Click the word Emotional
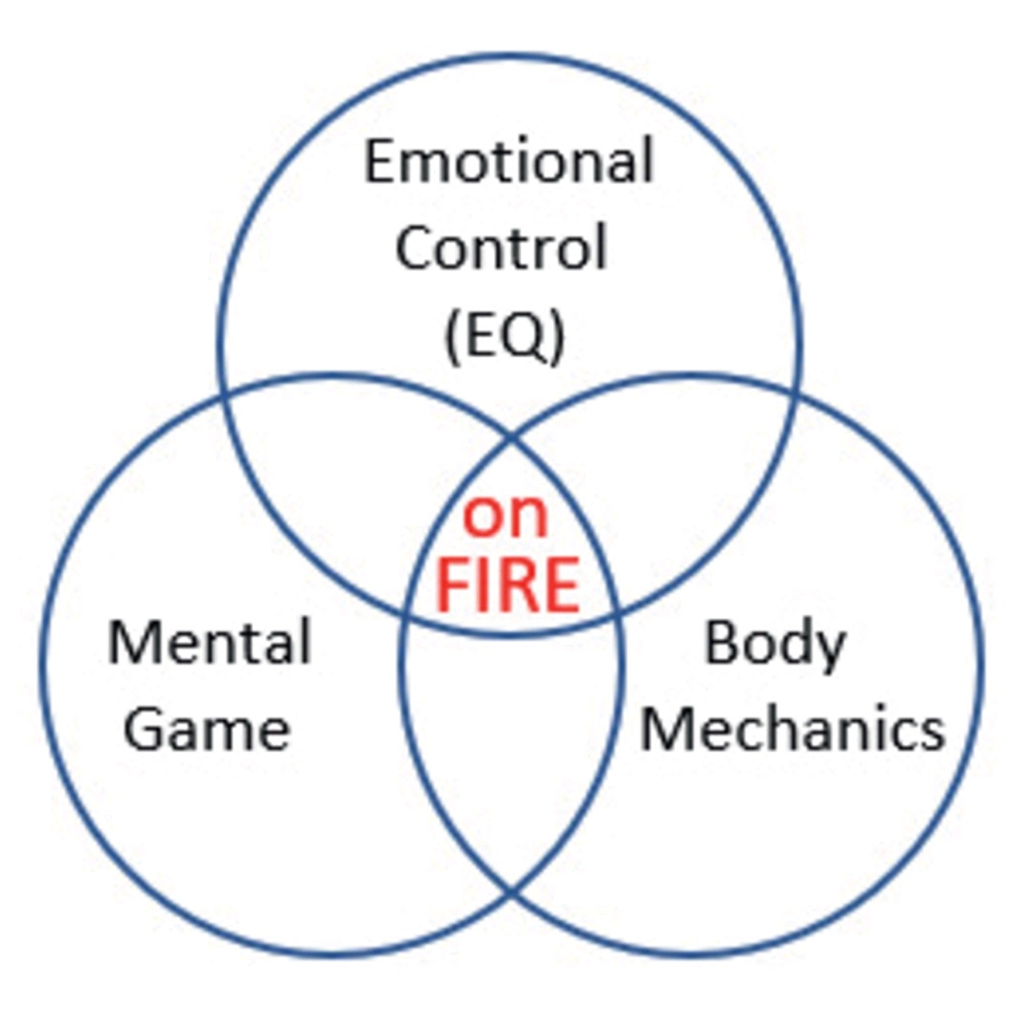click(509, 161)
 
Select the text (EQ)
click(504, 334)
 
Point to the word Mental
click(209, 642)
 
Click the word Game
click(208, 729)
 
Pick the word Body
click(775, 644)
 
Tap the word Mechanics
click(793, 729)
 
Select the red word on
click(505, 517)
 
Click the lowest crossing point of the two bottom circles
click(511, 892)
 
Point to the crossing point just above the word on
click(511, 437)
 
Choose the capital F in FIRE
click(453, 586)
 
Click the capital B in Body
click(720, 644)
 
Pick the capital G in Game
click(143, 729)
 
